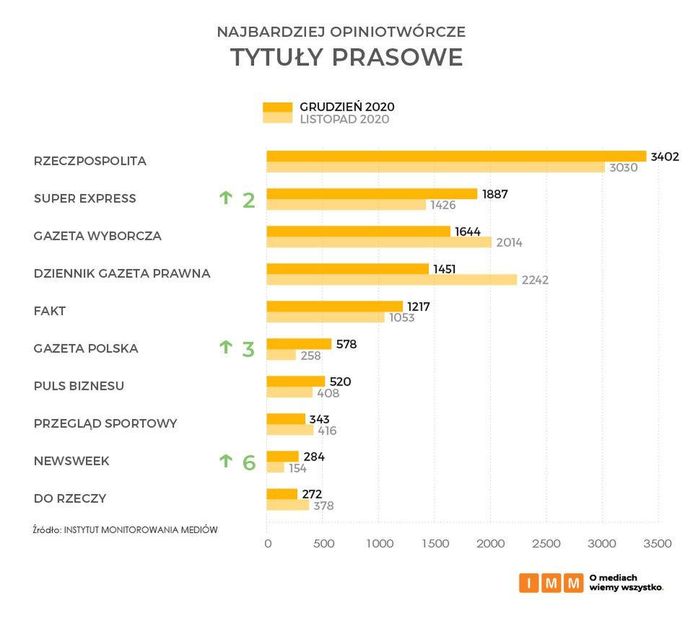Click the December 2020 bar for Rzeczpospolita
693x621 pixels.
(456, 156)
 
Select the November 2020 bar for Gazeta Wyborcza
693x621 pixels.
(379, 242)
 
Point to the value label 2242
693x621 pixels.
(535, 280)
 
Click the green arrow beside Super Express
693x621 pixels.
(225, 197)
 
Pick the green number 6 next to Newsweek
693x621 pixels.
(249, 462)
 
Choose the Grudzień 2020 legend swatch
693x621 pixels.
(277, 107)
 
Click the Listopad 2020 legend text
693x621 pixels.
(344, 120)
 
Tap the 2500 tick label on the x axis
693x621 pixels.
(546, 543)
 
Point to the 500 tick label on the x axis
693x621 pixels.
(323, 543)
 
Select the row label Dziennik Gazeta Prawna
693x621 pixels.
(122, 273)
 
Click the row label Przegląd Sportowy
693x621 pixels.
(105, 423)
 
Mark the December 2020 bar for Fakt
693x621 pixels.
(334, 306)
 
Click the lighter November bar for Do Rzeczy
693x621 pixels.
(287, 505)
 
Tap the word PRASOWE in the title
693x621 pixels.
(397, 58)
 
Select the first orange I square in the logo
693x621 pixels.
(528, 583)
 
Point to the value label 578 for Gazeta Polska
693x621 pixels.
(346, 344)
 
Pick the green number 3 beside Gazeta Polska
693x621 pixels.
(248, 350)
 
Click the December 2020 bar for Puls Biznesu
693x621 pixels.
(296, 381)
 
